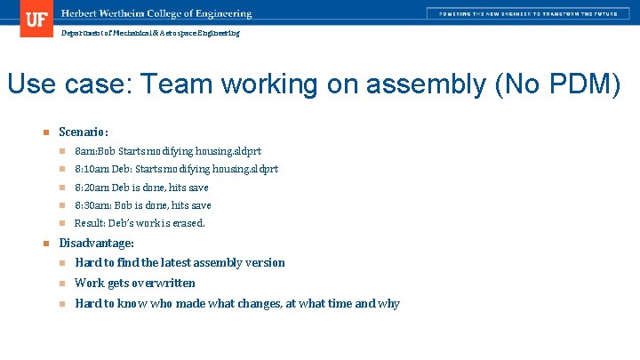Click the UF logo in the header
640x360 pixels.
click(36, 19)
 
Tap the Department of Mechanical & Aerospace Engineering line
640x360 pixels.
click(149, 33)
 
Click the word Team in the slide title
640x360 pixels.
click(178, 84)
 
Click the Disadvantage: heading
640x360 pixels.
click(96, 243)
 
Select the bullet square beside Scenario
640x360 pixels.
click(44, 133)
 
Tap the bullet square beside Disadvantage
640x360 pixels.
click(44, 244)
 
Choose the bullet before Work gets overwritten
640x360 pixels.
click(63, 284)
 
